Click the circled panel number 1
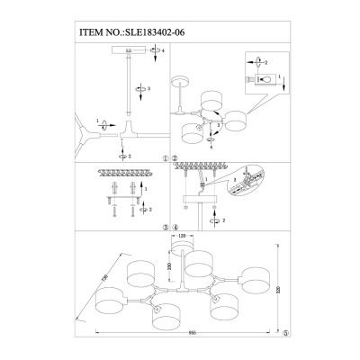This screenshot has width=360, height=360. (165, 157)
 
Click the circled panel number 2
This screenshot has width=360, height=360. (175, 157)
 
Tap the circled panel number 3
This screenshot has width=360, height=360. (165, 229)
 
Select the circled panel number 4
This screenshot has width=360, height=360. (175, 229)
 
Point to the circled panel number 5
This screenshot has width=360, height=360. (286, 331)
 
